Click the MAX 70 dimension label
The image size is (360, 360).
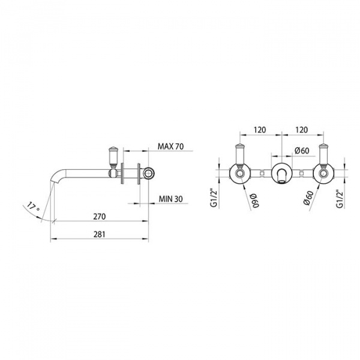point(170,146)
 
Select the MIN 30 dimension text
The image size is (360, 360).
point(170,199)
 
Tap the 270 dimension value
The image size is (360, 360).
point(100,216)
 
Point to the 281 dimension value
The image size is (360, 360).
point(100,234)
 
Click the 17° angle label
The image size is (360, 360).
point(32,206)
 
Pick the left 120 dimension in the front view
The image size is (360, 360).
point(260,130)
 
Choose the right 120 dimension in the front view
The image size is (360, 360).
point(301,130)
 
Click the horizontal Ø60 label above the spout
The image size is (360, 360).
point(302,151)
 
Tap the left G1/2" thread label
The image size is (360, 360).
point(214,198)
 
